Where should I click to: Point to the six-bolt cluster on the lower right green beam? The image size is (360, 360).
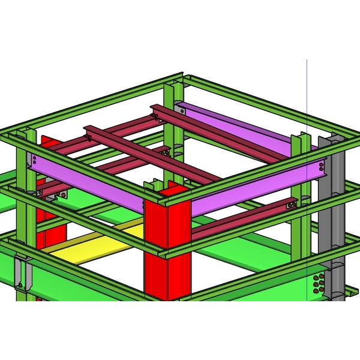[x=320, y=283]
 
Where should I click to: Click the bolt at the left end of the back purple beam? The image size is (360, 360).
[x=181, y=110]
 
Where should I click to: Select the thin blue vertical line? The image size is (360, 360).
[x=307, y=90]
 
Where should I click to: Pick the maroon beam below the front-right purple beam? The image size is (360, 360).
[x=240, y=219]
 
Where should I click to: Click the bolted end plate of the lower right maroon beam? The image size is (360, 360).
[x=291, y=205]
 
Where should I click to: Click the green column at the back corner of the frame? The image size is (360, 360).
[x=170, y=120]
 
